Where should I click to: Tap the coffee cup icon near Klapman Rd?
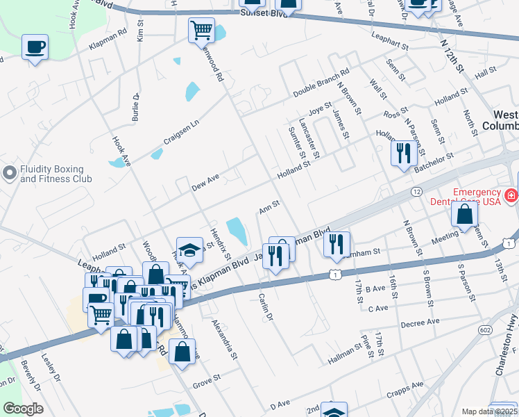[35, 48]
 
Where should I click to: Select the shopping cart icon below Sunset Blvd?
[201, 30]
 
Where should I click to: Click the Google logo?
[23, 409]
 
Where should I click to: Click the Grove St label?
[206, 380]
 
